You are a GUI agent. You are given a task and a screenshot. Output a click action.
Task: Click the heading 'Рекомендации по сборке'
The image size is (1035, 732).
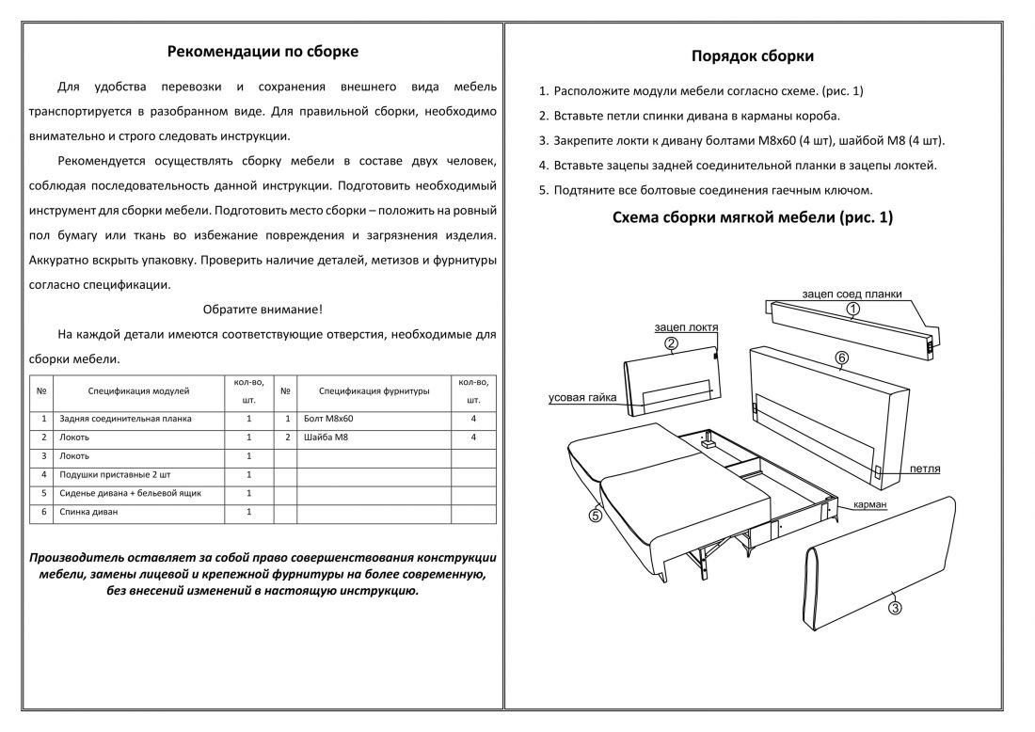point(263,51)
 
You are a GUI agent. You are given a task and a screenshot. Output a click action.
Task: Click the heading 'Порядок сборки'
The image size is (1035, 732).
point(753,56)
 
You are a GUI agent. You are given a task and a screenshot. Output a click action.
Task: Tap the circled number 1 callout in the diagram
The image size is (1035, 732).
point(852,308)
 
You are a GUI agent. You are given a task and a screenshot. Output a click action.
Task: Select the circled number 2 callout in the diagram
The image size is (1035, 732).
point(671,344)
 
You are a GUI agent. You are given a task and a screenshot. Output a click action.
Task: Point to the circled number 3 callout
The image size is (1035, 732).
point(895,608)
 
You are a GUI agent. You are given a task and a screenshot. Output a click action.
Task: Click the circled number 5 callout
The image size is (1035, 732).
point(595,514)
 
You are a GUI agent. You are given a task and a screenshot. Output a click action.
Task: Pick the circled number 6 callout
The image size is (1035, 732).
point(841,358)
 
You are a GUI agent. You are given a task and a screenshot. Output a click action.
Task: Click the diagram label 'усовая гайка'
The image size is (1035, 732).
point(582,398)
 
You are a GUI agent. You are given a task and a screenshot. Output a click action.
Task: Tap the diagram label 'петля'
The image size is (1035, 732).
point(925,469)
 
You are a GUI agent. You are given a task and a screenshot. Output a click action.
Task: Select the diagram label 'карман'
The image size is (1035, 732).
point(869,505)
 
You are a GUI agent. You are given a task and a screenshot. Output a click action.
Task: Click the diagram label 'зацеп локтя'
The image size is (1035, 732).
point(686,327)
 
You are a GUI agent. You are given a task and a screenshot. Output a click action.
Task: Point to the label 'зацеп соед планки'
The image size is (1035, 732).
point(852,294)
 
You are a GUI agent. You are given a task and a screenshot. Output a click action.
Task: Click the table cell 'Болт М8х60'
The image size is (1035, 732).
point(329,418)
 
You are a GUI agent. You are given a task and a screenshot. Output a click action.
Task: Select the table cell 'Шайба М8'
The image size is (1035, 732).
point(325,438)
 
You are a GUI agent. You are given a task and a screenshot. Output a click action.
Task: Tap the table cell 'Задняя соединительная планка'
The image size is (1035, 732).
point(125,418)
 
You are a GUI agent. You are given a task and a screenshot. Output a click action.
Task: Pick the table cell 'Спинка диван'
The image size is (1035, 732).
point(89,512)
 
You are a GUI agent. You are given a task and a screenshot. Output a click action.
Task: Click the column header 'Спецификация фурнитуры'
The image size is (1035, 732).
point(374,390)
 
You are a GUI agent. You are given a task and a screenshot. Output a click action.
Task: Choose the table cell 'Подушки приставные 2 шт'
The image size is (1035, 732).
point(113,474)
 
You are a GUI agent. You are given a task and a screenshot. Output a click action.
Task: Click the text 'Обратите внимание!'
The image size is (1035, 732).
point(263,309)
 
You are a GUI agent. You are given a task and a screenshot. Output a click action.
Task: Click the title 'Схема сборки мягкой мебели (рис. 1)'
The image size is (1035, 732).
point(753,218)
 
